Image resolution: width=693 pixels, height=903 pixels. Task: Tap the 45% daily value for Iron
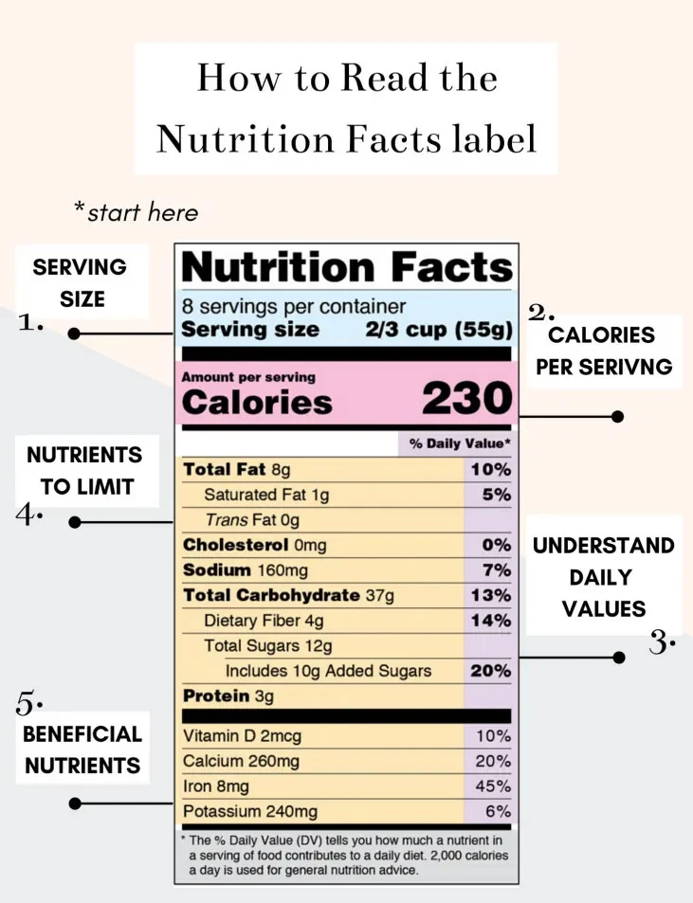point(493,786)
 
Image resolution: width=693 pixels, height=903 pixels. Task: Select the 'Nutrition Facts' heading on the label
point(346,267)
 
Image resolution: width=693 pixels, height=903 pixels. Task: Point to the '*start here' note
point(137,212)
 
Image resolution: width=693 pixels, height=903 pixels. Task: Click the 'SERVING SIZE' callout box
point(81,282)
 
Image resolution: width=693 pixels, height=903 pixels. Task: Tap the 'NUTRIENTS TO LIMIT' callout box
point(84,470)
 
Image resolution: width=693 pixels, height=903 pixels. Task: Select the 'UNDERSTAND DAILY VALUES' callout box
point(603,576)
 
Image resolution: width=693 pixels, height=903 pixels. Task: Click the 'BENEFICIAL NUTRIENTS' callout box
point(82,749)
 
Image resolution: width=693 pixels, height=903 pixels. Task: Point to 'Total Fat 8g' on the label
point(236,469)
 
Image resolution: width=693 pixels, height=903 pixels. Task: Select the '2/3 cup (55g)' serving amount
point(439,331)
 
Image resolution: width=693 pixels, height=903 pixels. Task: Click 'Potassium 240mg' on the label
point(250,812)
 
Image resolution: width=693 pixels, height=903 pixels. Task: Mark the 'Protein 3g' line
point(228,696)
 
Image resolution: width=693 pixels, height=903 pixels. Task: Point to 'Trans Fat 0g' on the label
point(252,519)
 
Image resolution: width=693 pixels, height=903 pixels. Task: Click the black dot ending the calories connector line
point(618,416)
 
